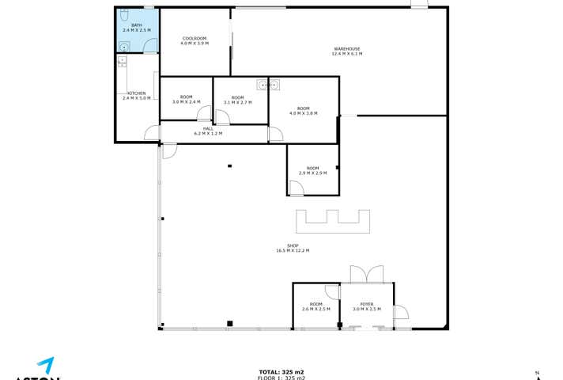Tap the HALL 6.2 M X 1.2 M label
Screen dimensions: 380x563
[x=208, y=131]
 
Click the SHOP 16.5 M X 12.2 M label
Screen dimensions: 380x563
[x=293, y=249]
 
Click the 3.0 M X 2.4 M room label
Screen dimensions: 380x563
[x=186, y=100]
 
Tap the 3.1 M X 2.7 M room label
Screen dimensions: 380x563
[x=237, y=100]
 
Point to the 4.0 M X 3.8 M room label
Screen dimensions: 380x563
[x=303, y=111]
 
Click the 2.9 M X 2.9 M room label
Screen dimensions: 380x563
[x=312, y=170]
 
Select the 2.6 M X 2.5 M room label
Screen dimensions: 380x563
[x=316, y=306]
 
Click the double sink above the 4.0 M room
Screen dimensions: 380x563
[x=270, y=83]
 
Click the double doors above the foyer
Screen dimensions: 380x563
[x=368, y=274]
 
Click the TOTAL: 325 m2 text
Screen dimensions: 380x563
[x=281, y=372]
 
